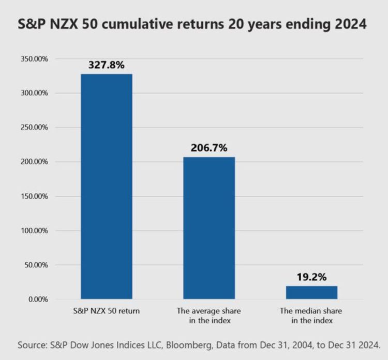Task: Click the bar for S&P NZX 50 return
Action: (x=107, y=186)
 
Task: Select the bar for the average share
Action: (x=209, y=228)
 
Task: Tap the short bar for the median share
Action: (x=311, y=293)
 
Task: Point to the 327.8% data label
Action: (x=107, y=66)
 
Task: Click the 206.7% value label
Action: (x=209, y=148)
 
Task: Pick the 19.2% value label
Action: (x=311, y=277)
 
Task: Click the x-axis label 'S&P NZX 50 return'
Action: (x=107, y=312)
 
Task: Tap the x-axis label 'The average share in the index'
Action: (x=209, y=316)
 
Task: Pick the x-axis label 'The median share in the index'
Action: (x=311, y=316)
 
